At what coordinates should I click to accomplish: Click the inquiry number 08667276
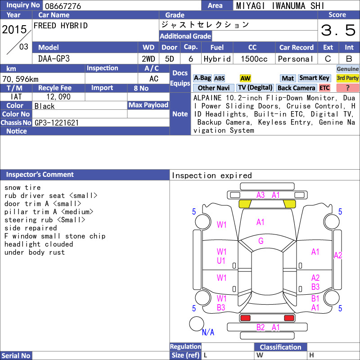tap(63, 6)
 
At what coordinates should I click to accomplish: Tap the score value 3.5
tap(338, 30)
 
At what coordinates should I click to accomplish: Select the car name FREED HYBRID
tap(61, 26)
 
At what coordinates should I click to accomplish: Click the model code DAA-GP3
tap(54, 59)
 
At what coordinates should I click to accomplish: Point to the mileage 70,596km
tap(20, 79)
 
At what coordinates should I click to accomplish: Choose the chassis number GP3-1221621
tap(57, 123)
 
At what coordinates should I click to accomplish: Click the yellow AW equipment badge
tap(245, 78)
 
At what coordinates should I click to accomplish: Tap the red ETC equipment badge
tap(324, 88)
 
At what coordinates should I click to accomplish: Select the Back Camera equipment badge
tap(297, 88)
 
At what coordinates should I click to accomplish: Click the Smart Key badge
tap(314, 78)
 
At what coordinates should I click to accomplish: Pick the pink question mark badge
tap(347, 88)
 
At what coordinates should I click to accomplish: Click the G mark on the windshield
tap(261, 241)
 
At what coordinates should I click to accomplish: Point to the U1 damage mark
tap(221, 261)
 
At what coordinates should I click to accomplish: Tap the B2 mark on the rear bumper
tap(261, 328)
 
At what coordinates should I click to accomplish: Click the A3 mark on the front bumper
tap(261, 195)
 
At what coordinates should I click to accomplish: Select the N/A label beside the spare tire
tap(208, 332)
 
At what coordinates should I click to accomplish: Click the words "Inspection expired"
tap(211, 175)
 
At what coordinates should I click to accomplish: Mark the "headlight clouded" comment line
tap(39, 244)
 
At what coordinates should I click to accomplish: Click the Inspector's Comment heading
tap(40, 175)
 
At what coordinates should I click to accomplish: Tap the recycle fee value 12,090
tap(58, 97)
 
